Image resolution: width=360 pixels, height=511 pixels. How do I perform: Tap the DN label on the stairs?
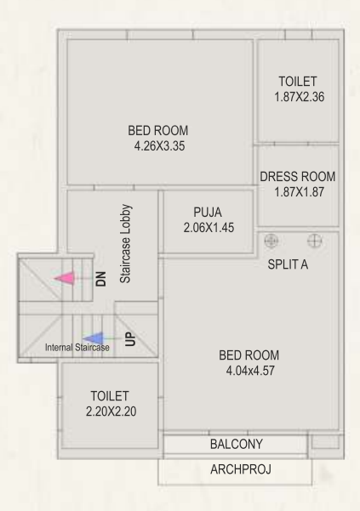click(100, 278)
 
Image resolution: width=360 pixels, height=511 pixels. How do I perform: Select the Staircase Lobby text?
click(124, 242)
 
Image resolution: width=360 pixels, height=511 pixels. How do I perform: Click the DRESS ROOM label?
click(297, 177)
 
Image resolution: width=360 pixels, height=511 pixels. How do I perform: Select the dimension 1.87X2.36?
click(297, 97)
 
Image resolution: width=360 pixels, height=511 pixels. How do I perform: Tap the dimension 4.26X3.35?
click(157, 145)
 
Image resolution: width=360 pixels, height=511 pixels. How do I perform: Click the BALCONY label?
click(236, 445)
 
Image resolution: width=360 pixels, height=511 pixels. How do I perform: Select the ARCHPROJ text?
click(235, 470)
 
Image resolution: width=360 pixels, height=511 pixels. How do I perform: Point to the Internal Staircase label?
click(77, 348)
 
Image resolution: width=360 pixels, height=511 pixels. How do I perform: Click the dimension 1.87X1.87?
click(297, 192)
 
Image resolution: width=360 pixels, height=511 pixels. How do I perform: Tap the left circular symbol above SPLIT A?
click(272, 241)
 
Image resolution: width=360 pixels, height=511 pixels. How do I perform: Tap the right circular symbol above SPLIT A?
click(314, 241)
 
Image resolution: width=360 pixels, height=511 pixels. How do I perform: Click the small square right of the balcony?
click(324, 443)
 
